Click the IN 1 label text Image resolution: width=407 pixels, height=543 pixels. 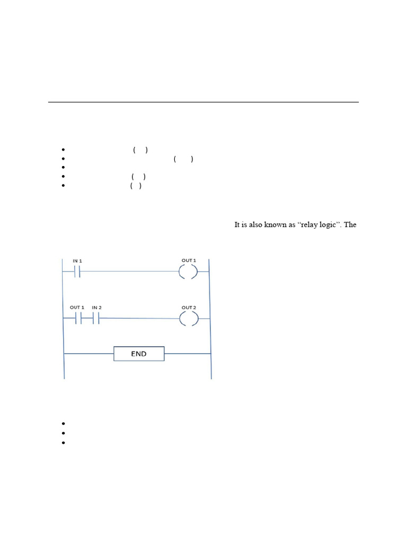[77, 261]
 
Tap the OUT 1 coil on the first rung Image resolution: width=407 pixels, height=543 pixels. [188, 273]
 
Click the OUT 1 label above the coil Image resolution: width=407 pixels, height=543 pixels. [189, 260]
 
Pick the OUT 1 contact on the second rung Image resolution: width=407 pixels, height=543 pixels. [77, 319]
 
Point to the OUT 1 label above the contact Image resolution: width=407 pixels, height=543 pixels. [77, 308]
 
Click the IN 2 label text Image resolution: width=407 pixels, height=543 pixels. [96, 308]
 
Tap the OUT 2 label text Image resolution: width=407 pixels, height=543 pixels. [189, 308]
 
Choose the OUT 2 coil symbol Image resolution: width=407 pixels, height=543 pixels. [188, 319]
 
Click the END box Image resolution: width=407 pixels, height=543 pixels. [139, 353]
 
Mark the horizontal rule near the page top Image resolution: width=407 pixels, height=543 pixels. [203, 102]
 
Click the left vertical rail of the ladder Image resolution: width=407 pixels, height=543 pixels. [64, 318]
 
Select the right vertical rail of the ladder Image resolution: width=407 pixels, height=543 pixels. [211, 318]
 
